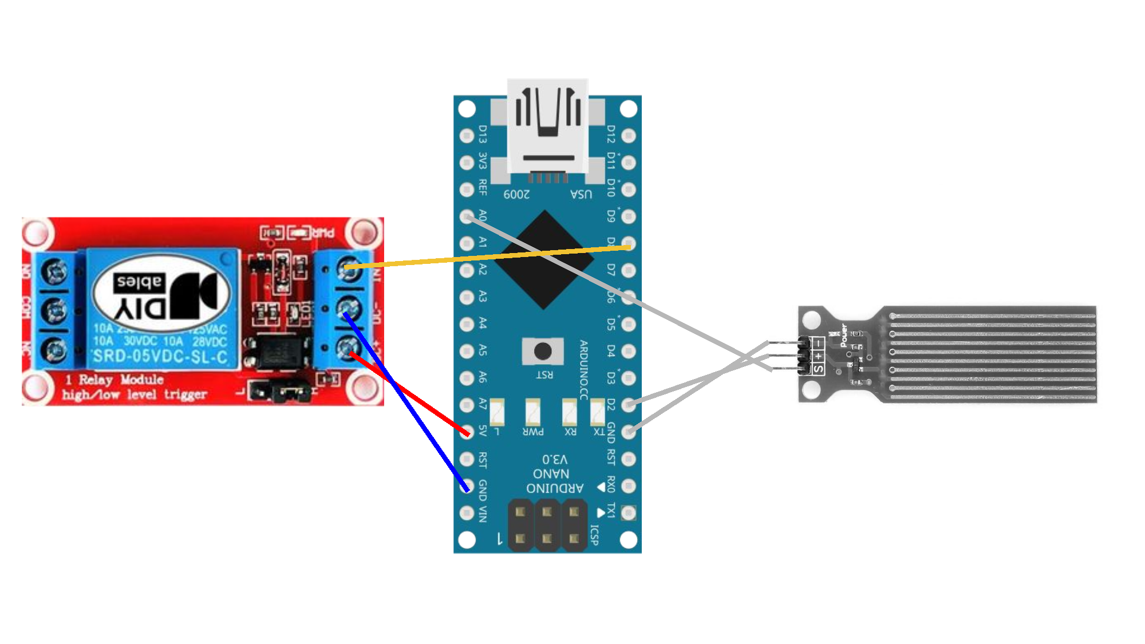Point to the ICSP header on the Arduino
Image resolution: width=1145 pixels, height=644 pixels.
pyautogui.click(x=547, y=525)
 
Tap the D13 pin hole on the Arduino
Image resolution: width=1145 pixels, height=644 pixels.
pyautogui.click(x=467, y=136)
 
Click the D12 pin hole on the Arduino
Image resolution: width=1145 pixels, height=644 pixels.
pyautogui.click(x=629, y=136)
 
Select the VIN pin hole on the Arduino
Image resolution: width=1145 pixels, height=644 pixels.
pyautogui.click(x=467, y=513)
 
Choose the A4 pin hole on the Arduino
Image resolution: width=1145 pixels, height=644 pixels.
pyautogui.click(x=467, y=324)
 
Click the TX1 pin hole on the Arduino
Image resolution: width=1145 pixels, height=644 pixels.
pyautogui.click(x=629, y=513)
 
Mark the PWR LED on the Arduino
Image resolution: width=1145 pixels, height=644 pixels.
pyautogui.click(x=532, y=411)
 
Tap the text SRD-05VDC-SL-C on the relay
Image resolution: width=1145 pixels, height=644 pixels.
pyautogui.click(x=160, y=357)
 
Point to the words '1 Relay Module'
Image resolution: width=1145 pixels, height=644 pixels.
pyautogui.click(x=114, y=380)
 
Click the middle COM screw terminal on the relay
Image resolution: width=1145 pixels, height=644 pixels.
pyautogui.click(x=55, y=311)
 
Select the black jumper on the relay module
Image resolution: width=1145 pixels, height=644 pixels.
pyautogui.click(x=292, y=392)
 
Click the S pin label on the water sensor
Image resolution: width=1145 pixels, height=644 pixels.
pyautogui.click(x=819, y=369)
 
